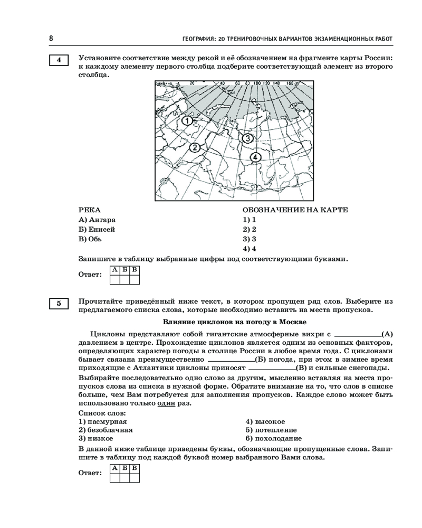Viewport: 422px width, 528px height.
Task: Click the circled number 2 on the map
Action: [195, 147]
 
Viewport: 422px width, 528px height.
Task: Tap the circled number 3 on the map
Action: [248, 138]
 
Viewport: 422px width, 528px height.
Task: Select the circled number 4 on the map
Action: [255, 157]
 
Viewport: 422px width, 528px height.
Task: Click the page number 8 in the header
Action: [51, 39]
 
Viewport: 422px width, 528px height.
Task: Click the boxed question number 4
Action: [59, 60]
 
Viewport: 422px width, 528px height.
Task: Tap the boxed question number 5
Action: [59, 304]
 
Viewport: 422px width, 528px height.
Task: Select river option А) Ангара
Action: [97, 220]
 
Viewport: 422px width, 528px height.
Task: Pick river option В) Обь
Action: [90, 239]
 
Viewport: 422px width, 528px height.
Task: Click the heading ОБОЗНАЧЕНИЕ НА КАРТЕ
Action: [295, 210]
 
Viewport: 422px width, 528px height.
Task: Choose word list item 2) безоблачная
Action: [105, 430]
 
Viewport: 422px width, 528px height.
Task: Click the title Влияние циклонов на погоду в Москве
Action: [235, 321]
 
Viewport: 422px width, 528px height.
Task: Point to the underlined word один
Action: [166, 403]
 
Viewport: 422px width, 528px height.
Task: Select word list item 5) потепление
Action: [271, 430]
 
